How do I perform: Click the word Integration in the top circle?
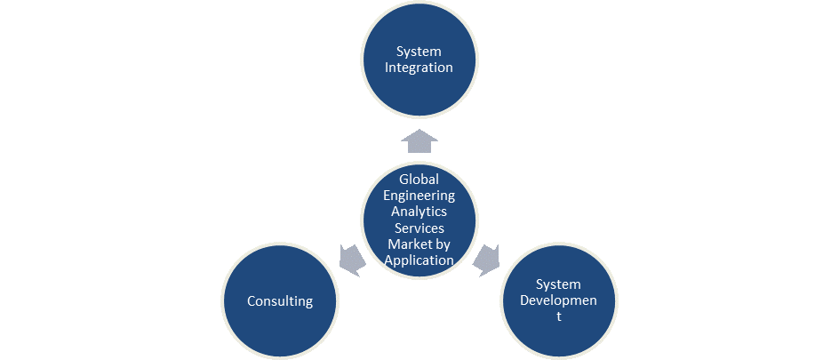pyautogui.click(x=419, y=68)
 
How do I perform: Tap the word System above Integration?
pyautogui.click(x=419, y=52)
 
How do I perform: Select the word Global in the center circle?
pyautogui.click(x=419, y=180)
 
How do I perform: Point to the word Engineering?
pyautogui.click(x=419, y=196)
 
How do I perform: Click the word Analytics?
pyautogui.click(x=419, y=212)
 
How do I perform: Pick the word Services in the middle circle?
pyautogui.click(x=419, y=228)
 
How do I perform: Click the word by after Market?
pyautogui.click(x=443, y=244)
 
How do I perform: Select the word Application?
pyautogui.click(x=419, y=260)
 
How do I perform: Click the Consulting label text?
pyautogui.click(x=280, y=301)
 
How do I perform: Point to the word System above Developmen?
pyautogui.click(x=558, y=284)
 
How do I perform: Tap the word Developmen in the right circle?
pyautogui.click(x=558, y=300)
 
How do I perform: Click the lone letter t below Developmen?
pyautogui.click(x=559, y=317)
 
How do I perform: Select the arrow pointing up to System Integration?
pyautogui.click(x=419, y=141)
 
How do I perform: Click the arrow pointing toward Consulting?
pyautogui.click(x=353, y=259)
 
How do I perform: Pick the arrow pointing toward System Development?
pyautogui.click(x=486, y=259)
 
